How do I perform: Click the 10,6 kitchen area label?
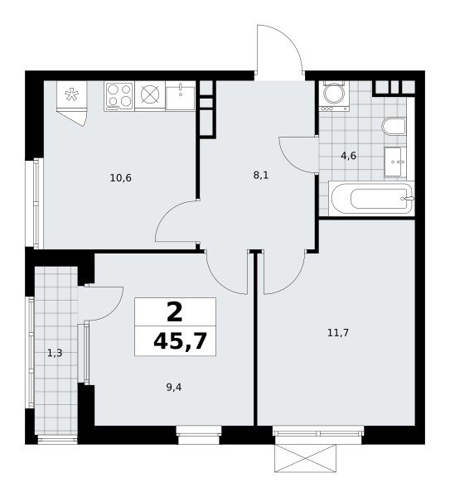point(120,178)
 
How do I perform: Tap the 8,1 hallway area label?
point(261,175)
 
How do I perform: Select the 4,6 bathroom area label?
point(349,156)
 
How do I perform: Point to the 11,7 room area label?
point(338,332)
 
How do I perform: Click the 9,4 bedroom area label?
point(174,387)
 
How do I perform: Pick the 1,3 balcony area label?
point(55,353)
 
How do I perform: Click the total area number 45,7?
point(180,341)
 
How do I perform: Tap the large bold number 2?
point(175,311)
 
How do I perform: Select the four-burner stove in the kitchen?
point(119,96)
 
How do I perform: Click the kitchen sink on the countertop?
point(181,96)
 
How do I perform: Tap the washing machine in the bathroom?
point(334,96)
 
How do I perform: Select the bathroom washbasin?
point(395,162)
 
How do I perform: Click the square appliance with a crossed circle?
point(150,96)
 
